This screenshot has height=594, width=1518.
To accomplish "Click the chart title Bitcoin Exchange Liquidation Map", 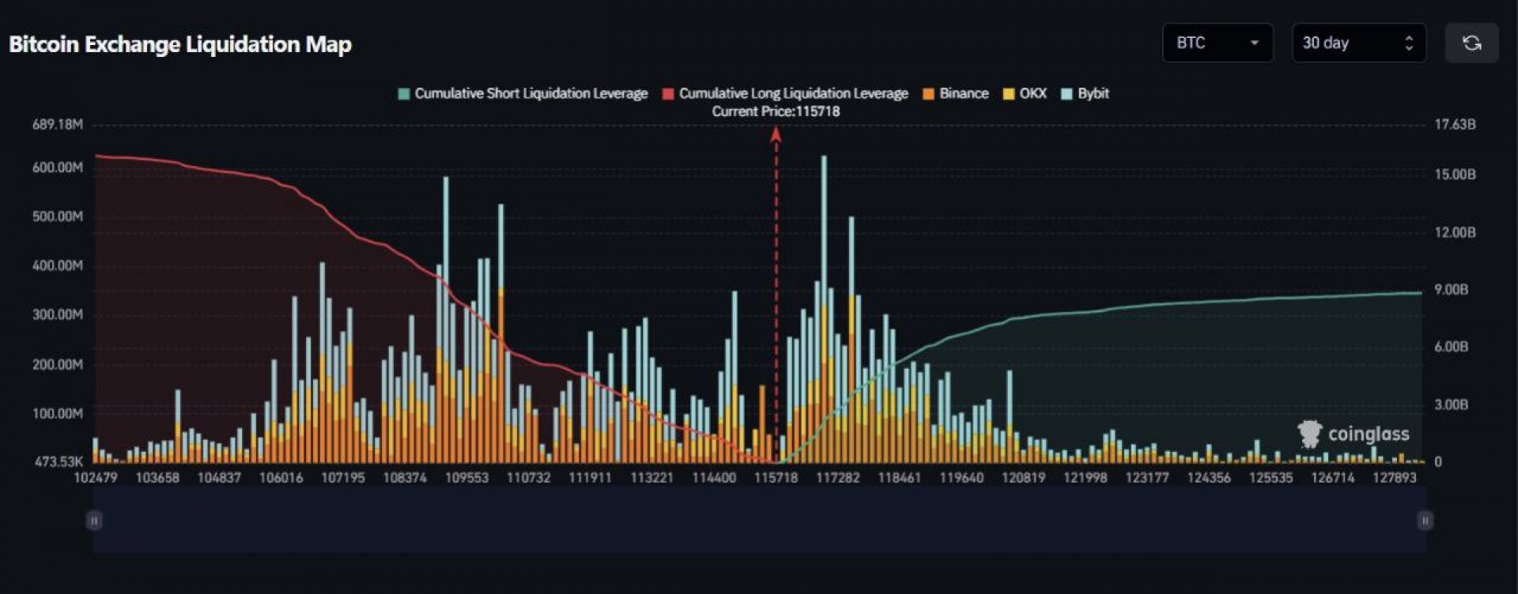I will pyautogui.click(x=180, y=44).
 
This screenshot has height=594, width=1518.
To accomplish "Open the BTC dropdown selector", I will pyautogui.click(x=1217, y=43).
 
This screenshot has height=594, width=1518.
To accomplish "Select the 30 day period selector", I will pyautogui.click(x=1358, y=43).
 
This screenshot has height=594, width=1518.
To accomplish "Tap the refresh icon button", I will pyautogui.click(x=1471, y=43).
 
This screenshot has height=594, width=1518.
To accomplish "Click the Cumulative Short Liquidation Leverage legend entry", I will pyautogui.click(x=523, y=93).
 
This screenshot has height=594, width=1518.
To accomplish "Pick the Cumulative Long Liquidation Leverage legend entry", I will pyautogui.click(x=785, y=93).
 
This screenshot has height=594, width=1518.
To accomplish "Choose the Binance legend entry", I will pyautogui.click(x=956, y=93).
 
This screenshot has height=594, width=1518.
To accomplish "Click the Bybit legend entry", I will pyautogui.click(x=1086, y=93).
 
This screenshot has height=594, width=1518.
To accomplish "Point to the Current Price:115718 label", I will pyautogui.click(x=776, y=111).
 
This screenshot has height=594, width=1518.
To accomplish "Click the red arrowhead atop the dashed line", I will pyautogui.click(x=776, y=134).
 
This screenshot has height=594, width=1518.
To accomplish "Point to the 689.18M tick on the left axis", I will pyautogui.click(x=57, y=124).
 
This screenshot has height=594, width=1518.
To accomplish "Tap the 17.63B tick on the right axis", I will pyautogui.click(x=1455, y=124).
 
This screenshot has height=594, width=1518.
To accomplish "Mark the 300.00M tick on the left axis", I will pyautogui.click(x=57, y=314).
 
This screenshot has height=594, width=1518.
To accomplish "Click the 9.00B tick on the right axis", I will pyautogui.click(x=1451, y=289).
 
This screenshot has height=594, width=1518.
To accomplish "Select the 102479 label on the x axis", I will pyautogui.click(x=95, y=478).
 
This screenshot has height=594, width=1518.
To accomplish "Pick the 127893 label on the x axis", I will pyautogui.click(x=1394, y=478).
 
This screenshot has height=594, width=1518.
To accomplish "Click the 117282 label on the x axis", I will pyautogui.click(x=837, y=478).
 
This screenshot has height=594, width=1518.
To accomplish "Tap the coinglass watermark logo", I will pyautogui.click(x=1353, y=434).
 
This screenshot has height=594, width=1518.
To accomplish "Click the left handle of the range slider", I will pyautogui.click(x=94, y=521).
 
